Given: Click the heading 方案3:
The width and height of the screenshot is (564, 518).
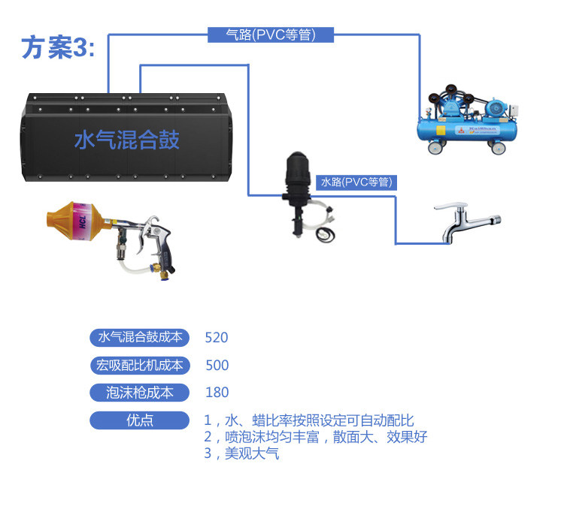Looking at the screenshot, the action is [x=59, y=47].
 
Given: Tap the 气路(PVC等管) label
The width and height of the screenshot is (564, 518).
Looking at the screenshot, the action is [x=271, y=35].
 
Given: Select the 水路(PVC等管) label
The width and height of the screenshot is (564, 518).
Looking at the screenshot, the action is [x=356, y=182].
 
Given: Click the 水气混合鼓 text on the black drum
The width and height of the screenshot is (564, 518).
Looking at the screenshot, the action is [x=126, y=140].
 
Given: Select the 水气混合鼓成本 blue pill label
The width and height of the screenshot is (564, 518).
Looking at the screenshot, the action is [x=140, y=337].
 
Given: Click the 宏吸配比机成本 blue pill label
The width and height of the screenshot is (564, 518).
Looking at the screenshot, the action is [x=140, y=366].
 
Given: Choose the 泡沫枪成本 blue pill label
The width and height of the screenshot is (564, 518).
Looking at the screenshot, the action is [x=140, y=393].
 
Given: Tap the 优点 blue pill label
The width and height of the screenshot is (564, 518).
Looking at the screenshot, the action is [x=140, y=420].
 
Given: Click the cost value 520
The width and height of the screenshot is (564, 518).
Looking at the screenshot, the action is [x=217, y=338].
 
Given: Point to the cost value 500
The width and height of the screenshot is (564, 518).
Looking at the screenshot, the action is [x=217, y=366].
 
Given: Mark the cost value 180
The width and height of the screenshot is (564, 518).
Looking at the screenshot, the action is [x=217, y=393].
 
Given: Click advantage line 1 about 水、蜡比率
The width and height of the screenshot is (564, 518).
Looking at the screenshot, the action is [x=309, y=420].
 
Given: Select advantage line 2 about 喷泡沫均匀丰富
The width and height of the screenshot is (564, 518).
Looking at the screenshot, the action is [x=316, y=437].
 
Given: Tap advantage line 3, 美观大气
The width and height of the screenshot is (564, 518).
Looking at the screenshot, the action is [x=241, y=453].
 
